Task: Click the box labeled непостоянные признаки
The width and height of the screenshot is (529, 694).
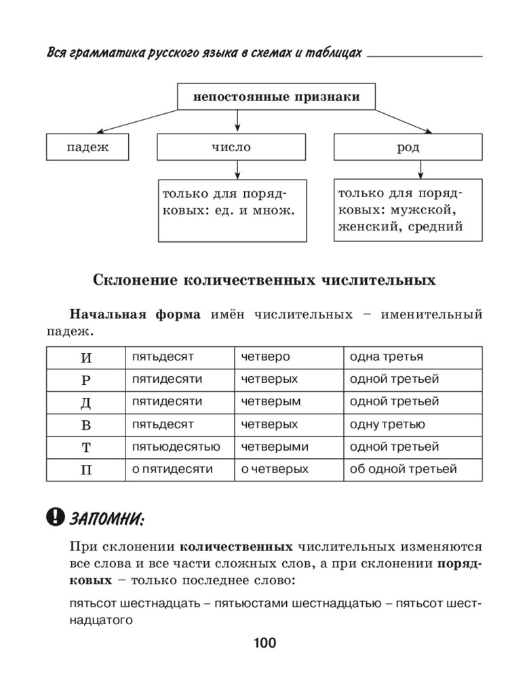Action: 277,96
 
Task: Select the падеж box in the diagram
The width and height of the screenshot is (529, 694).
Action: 87,147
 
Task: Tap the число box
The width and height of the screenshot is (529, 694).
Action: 231,147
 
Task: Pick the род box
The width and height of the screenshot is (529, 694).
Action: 408,147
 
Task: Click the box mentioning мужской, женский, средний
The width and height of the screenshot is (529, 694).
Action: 408,210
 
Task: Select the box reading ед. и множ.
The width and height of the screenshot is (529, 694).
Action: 232,210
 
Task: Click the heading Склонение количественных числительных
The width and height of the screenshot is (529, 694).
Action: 264,280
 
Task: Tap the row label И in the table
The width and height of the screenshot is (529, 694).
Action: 85,357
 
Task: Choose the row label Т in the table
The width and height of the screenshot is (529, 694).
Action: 85,447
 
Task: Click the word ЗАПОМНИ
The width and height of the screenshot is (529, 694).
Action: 106,519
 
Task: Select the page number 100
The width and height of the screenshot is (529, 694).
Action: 264,643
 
